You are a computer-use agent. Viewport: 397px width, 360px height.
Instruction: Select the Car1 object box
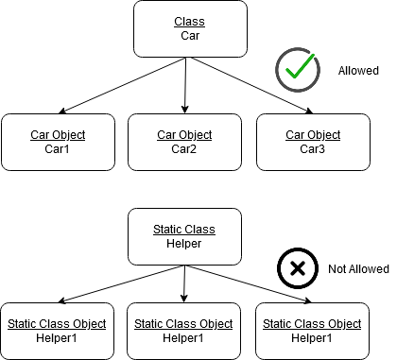[x=58, y=142]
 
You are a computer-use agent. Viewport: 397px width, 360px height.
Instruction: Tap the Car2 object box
[x=183, y=142]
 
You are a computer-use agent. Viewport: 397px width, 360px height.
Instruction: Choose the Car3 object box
[x=313, y=142]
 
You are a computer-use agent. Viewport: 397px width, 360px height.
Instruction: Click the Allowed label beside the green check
[x=357, y=71]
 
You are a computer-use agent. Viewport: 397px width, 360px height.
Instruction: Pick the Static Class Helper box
[x=184, y=236]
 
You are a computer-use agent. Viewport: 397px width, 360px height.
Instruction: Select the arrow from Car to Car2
[x=184, y=85]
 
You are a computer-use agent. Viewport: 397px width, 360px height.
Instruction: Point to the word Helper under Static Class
[x=184, y=244]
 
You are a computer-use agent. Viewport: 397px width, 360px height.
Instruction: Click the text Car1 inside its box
[x=58, y=149]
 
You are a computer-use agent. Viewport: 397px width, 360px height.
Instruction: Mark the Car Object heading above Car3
[x=313, y=135]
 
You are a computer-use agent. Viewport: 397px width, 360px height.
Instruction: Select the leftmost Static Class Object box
[x=58, y=331]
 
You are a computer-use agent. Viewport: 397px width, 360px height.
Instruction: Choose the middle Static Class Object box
[x=183, y=331]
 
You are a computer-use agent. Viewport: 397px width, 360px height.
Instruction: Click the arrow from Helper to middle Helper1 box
[x=184, y=283]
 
